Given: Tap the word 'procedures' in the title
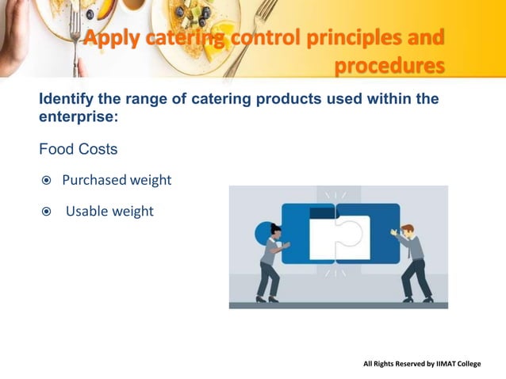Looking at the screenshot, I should pos(389,66).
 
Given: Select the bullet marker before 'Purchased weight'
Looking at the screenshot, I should pos(46,181).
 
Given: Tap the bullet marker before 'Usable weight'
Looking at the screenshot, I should pos(46,212).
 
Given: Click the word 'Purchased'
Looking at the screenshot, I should pos(94,180).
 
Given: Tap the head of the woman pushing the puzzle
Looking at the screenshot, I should pos(275,229).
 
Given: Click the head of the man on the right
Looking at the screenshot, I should pos(407,231).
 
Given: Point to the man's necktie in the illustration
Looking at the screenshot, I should pos(410,250).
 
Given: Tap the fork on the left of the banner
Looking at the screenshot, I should pos(76,32).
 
